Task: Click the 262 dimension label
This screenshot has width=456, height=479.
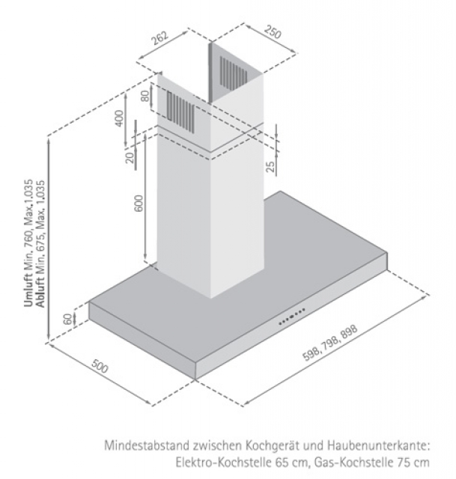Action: tap(159, 37)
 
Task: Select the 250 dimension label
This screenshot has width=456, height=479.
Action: tap(273, 32)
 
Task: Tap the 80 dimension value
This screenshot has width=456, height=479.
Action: tap(145, 96)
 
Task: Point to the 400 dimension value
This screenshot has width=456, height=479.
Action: tap(120, 118)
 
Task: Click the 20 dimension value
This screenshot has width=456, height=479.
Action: tap(130, 157)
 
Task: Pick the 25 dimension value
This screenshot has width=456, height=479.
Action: tap(270, 166)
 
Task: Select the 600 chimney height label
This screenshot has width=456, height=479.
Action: tap(138, 203)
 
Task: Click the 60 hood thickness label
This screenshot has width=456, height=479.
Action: tap(68, 320)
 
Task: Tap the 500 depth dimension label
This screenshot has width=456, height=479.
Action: tap(100, 367)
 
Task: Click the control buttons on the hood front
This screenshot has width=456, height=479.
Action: tap(291, 316)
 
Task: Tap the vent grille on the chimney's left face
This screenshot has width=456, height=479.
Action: tap(180, 112)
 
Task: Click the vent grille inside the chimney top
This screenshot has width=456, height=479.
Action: tap(234, 72)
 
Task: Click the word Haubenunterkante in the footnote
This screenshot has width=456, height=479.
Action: tap(378, 446)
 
